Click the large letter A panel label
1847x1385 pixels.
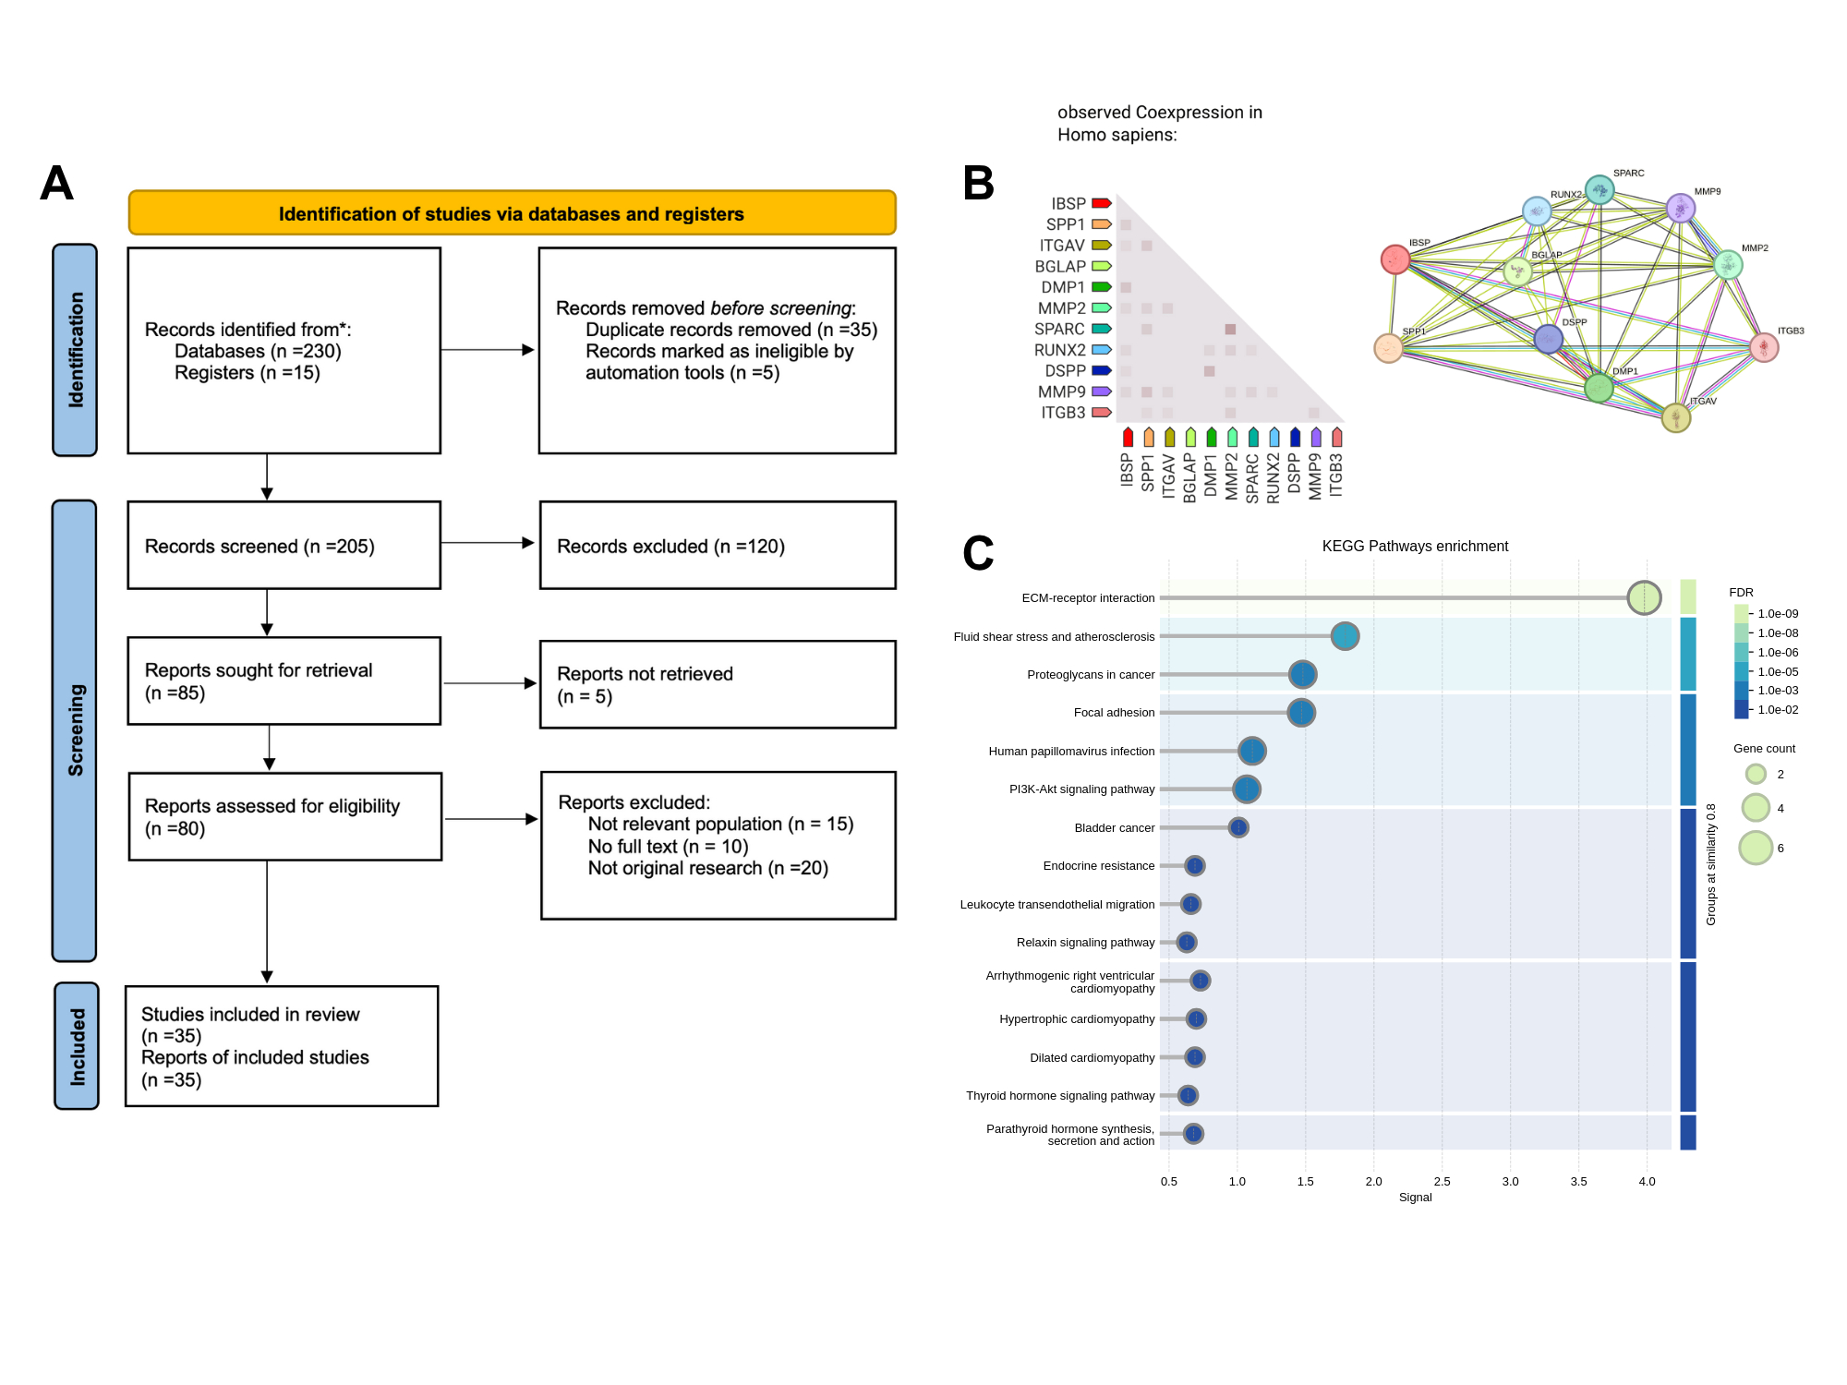pyautogui.click(x=56, y=184)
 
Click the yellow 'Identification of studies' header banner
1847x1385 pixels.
pyautogui.click(x=512, y=213)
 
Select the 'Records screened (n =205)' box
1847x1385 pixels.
pyautogui.click(x=284, y=546)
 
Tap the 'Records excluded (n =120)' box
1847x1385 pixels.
pyautogui.click(x=717, y=546)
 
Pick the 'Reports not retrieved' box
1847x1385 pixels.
pyautogui.click(x=717, y=685)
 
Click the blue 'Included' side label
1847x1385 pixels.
pyautogui.click(x=77, y=1046)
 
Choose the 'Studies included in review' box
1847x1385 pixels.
pyautogui.click(x=282, y=1046)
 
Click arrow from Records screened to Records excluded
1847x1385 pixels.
pyautogui.click(x=489, y=543)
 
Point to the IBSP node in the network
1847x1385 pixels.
pyautogui.click(x=1394, y=259)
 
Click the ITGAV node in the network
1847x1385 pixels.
pyautogui.click(x=1675, y=418)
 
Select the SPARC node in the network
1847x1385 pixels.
pyautogui.click(x=1600, y=190)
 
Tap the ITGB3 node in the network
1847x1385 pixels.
pyautogui.click(x=1764, y=347)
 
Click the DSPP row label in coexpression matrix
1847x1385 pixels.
pyautogui.click(x=1065, y=371)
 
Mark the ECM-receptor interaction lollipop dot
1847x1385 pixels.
pyautogui.click(x=1644, y=597)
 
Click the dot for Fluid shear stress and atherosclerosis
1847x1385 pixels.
pyautogui.click(x=1345, y=636)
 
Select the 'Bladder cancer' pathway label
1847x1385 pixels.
pyautogui.click(x=1114, y=828)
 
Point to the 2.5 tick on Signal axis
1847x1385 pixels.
pyautogui.click(x=1442, y=1182)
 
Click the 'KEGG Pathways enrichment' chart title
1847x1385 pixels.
pyautogui.click(x=1415, y=547)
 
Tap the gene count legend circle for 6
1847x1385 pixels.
pyautogui.click(x=1756, y=848)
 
